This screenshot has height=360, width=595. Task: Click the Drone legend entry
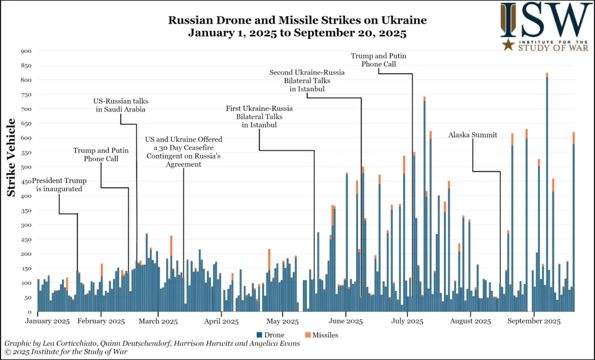[270, 335]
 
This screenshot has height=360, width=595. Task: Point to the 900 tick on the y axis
[26, 51]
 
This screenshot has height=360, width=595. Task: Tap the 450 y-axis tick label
[26, 181]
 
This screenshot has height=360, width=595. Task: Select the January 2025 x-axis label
[49, 321]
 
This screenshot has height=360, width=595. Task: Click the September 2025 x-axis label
[537, 321]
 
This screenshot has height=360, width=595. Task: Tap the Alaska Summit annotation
[472, 135]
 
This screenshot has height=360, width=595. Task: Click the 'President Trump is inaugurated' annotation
[57, 184]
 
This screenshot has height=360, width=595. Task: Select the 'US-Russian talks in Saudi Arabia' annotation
[120, 105]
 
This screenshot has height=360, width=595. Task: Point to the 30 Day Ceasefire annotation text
[183, 152]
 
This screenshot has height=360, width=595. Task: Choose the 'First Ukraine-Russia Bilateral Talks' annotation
[259, 116]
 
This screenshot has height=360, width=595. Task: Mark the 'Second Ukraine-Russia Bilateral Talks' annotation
[307, 81]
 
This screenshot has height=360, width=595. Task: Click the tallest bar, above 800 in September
[547, 192]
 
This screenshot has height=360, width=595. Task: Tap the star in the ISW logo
[508, 45]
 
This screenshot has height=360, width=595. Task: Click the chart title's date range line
[297, 33]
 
